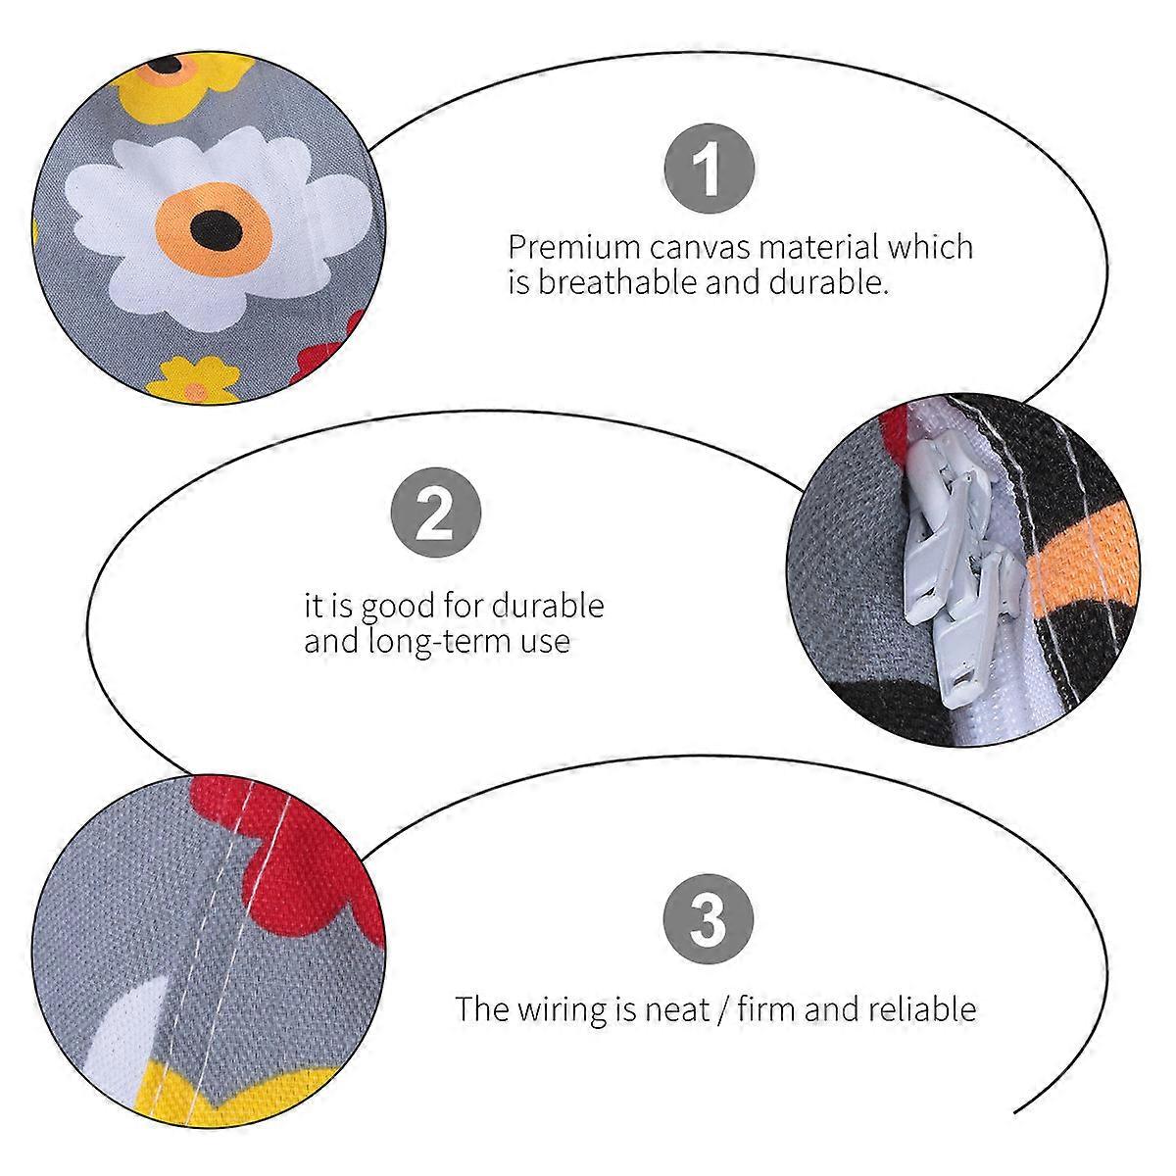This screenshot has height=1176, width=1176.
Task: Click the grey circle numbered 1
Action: pyautogui.click(x=710, y=169)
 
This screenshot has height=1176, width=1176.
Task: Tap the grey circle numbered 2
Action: pyautogui.click(x=436, y=512)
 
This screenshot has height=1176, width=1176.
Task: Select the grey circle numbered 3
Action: pyautogui.click(x=708, y=919)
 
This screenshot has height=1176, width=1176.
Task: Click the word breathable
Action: pyautogui.click(x=617, y=282)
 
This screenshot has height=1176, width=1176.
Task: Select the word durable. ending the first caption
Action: pyautogui.click(x=828, y=282)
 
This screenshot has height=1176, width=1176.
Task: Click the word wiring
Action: pyautogui.click(x=557, y=1010)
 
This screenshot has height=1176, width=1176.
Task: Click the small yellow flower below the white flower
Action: pyautogui.click(x=194, y=379)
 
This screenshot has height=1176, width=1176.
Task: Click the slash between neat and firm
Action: pyautogui.click(x=723, y=1010)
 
